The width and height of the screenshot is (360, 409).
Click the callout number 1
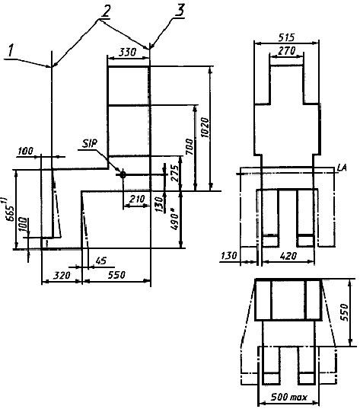pos(11,50)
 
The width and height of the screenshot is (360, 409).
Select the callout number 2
pos(106,12)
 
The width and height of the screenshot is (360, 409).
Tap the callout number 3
pos(180,11)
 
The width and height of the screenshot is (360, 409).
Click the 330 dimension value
pos(127,52)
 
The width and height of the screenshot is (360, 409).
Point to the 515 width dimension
pos(286,37)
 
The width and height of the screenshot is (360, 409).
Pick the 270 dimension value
pos(287,50)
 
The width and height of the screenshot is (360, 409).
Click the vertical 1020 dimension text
pos(205,128)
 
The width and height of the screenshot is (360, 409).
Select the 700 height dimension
pos(190,147)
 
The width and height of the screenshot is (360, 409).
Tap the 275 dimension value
pos(174,173)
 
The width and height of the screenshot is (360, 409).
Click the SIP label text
pos(89,143)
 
